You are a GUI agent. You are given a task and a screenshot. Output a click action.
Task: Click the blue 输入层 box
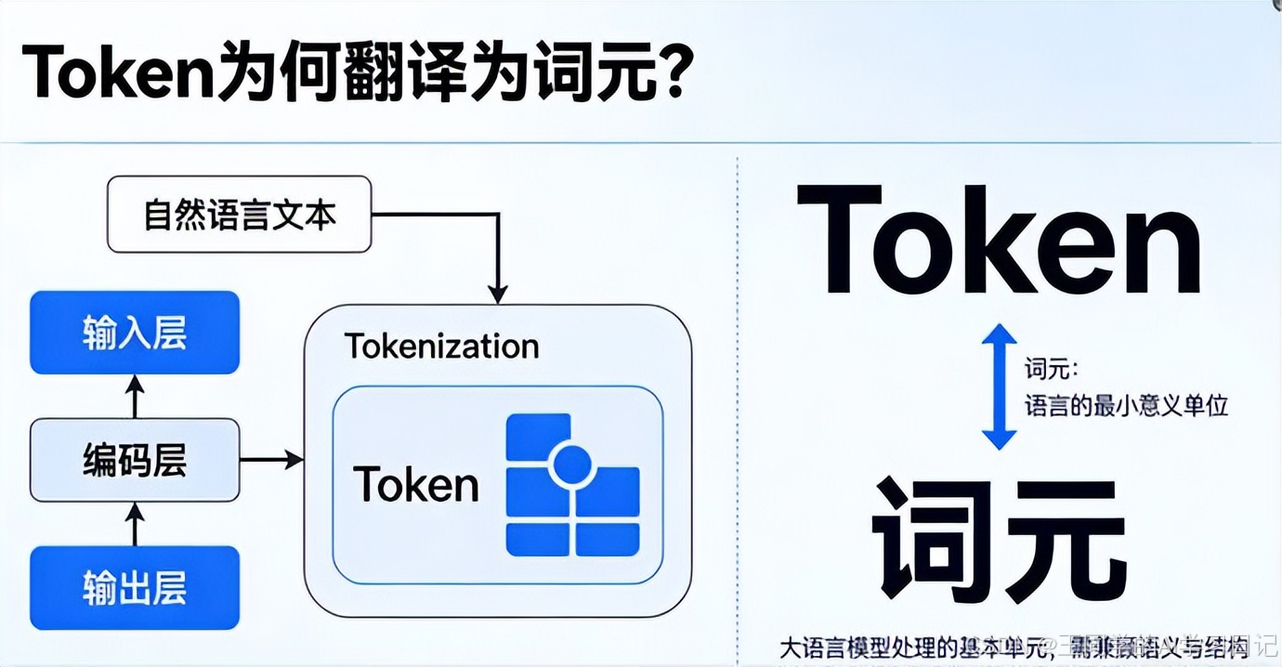135,333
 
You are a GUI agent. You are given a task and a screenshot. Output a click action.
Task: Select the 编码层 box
135,460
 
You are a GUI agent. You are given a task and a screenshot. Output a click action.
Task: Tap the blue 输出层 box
135,587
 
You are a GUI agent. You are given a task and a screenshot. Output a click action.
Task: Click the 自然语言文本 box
239,216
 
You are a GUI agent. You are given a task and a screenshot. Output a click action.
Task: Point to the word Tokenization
441,347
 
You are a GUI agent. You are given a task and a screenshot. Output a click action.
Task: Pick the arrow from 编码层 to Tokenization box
271,459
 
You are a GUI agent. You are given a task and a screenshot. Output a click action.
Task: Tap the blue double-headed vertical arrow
999,386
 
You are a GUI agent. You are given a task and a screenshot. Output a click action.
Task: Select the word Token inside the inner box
415,484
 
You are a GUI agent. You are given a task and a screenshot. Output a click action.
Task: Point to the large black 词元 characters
999,538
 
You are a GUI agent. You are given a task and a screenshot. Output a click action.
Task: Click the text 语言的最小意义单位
1126,406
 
